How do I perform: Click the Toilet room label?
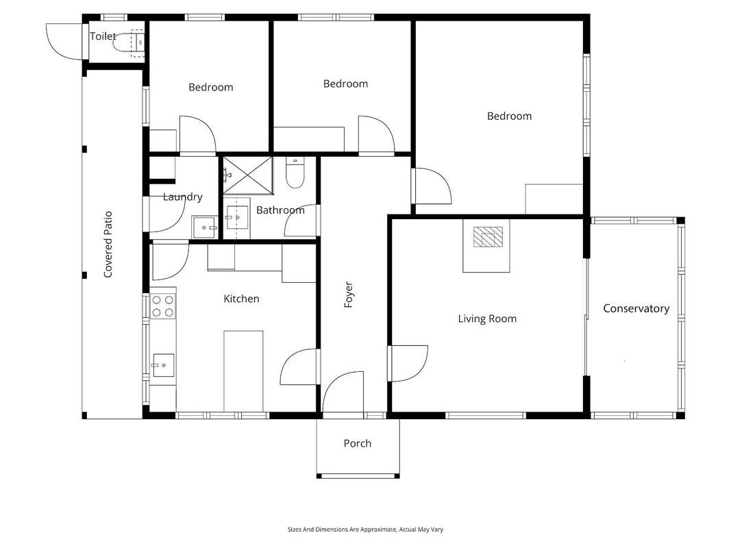103,36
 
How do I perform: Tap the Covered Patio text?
108,245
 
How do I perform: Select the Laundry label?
183,197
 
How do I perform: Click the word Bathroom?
280,210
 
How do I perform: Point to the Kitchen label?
241,299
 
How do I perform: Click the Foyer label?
348,295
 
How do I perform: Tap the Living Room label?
487,319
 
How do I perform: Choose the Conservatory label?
636,308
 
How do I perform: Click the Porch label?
358,443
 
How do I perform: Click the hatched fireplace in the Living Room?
488,237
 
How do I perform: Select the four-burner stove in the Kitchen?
162,306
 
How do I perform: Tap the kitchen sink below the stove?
163,365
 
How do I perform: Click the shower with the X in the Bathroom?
247,175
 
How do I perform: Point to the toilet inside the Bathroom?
295,173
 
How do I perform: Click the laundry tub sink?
204,227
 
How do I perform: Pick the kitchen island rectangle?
243,371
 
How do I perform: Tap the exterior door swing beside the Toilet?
64,42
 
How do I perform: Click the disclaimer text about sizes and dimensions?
366,530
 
